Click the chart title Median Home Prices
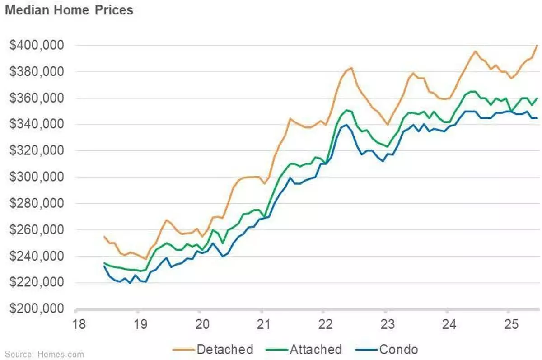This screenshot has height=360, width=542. click(x=69, y=10)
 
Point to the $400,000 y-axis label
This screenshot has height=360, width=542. click(x=37, y=46)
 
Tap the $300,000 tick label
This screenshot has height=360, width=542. click(x=37, y=178)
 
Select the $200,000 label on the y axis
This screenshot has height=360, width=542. click(x=37, y=309)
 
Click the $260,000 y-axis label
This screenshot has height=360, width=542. click(x=37, y=230)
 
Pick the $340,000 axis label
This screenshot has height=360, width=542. click(x=37, y=125)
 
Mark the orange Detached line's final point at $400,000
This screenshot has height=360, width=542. click(x=537, y=45)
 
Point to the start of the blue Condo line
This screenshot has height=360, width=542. click(x=104, y=266)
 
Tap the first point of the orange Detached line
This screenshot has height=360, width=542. click(x=104, y=236)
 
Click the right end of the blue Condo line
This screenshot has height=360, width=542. click(x=537, y=118)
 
